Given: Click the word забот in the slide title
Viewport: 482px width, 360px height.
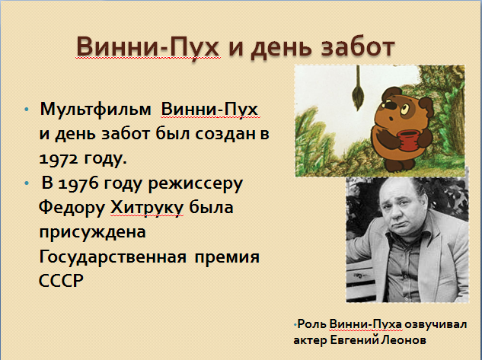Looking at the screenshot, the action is coord(358,47).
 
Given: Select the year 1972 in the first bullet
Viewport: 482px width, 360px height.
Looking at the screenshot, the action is coord(58,158).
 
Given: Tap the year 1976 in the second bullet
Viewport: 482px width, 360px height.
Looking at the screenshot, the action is coord(78,183).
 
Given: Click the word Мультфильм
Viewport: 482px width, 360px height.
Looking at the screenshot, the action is coord(95,109).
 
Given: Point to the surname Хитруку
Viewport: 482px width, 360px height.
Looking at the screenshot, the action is coord(147,208).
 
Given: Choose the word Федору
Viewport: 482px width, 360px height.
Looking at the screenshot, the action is coord(72,208).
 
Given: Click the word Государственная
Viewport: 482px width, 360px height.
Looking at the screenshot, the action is coord(113,256).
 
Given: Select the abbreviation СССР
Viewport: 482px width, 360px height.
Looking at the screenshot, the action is coord(61,280).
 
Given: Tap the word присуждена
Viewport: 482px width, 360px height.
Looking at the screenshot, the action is coord(92,233).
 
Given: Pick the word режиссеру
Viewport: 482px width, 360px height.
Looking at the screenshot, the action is coord(195,184).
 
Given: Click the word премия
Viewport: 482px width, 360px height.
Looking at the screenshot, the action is coord(227,257).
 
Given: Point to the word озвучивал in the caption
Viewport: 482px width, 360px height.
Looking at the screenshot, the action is coord(436,324).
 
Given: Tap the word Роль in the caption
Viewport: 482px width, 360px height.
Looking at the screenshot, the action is coord(311,324).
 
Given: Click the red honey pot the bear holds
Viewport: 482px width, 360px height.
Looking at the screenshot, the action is coord(407,140).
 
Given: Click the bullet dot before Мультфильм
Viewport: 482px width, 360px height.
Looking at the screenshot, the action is coord(27,110).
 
